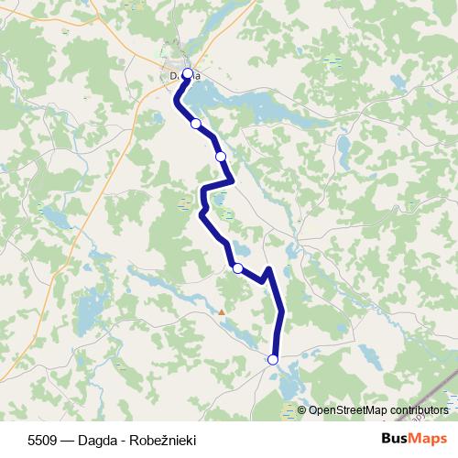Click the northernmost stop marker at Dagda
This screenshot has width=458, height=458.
pos(188,73)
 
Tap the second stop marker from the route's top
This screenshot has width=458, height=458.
pos(195,124)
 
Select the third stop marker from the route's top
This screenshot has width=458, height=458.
pos(221,157)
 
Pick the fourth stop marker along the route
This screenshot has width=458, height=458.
pos(237,268)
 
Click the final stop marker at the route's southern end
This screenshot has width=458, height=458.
pos(272,360)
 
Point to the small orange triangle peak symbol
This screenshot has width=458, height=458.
pos(221,312)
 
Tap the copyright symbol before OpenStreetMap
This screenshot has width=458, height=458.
pos(302,410)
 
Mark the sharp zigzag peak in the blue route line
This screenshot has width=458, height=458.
pos(268,269)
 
